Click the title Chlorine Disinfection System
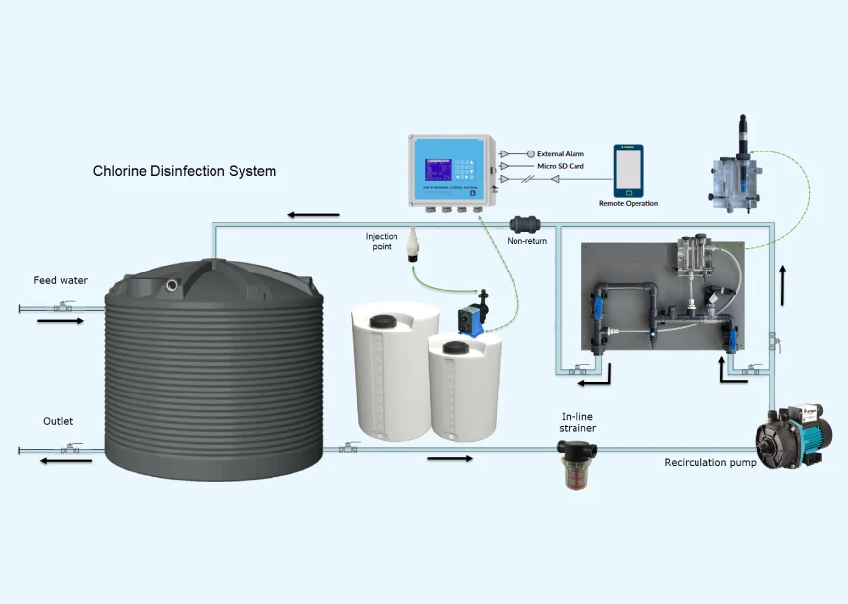pyautogui.click(x=185, y=171)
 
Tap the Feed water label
pyautogui.click(x=60, y=280)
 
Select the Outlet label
pyautogui.click(x=58, y=421)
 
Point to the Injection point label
pyautogui.click(x=383, y=241)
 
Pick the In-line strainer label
pyautogui.click(x=578, y=422)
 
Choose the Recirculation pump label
pyautogui.click(x=710, y=462)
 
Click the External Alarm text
pyautogui.click(x=561, y=154)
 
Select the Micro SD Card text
pyautogui.click(x=562, y=166)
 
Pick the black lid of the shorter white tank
pyautogui.click(x=455, y=347)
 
